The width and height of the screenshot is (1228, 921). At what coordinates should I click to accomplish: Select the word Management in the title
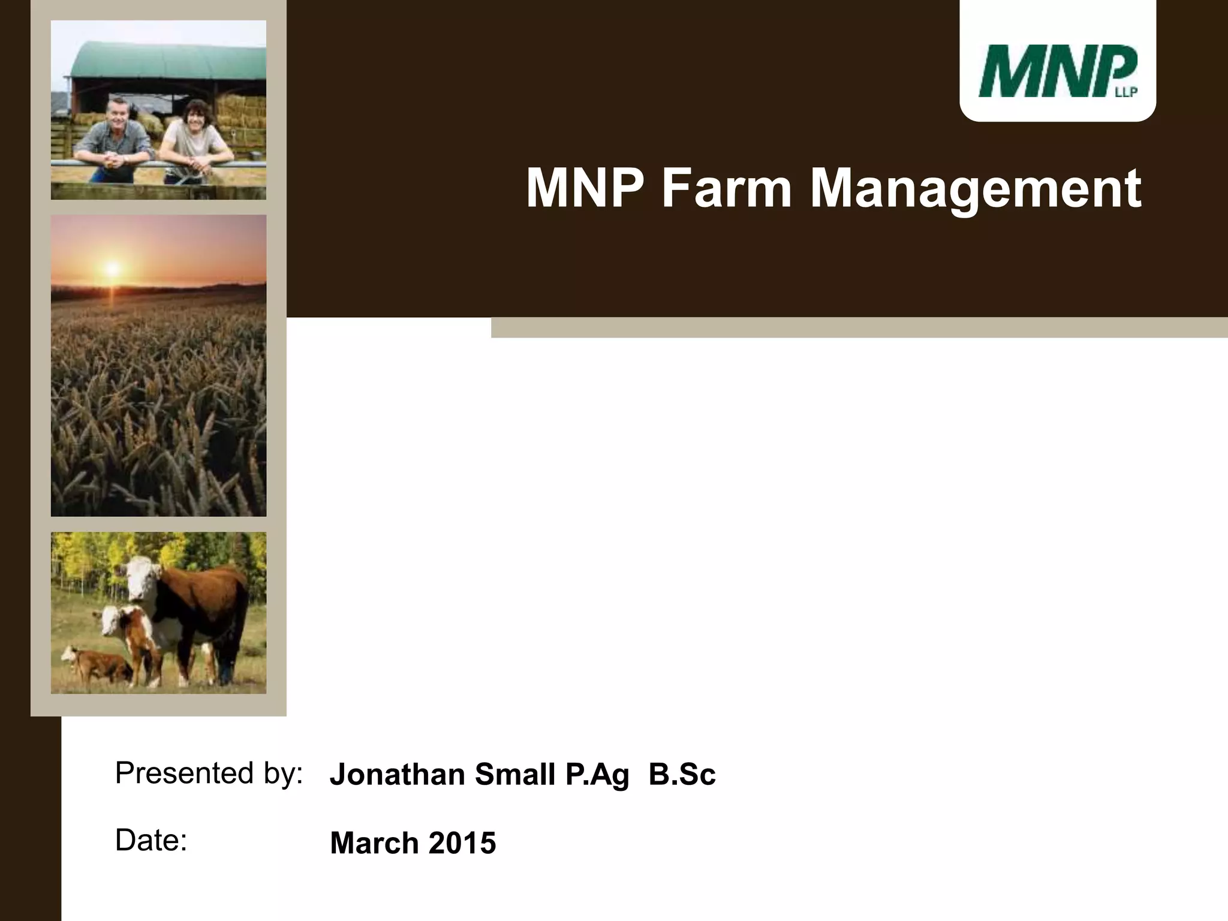[976, 189]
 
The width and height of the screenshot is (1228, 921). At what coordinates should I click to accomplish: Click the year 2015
[462, 842]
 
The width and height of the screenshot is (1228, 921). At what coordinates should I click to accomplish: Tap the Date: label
[151, 840]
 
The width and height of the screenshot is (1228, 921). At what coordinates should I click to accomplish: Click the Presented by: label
[209, 773]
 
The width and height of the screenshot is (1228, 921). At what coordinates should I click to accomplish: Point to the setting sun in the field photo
[112, 268]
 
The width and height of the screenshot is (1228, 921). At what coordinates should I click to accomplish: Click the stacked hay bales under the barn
[240, 114]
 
